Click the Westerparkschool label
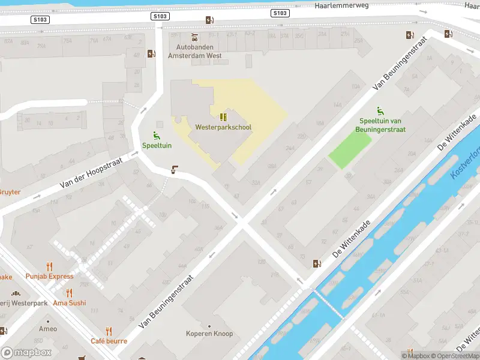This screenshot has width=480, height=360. coord(223,127)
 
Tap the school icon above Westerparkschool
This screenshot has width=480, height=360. coord(223,117)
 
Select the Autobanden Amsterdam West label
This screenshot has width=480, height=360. coord(195,51)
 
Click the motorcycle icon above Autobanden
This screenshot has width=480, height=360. coord(194,37)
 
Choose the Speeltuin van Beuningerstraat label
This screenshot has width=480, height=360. coord(382,125)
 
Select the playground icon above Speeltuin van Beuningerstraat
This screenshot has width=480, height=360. coord(380,111)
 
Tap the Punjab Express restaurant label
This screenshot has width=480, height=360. coord(50,276)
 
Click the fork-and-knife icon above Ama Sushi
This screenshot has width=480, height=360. coord(69,293)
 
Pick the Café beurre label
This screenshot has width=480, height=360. coord(109,341)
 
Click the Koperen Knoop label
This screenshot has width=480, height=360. coord(209,334)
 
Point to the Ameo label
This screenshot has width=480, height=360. coord(48,329)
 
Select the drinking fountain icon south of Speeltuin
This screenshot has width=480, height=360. coord(175,170)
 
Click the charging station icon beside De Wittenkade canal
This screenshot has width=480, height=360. coord(317,263)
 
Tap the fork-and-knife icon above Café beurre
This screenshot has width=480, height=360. coord(109,331)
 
